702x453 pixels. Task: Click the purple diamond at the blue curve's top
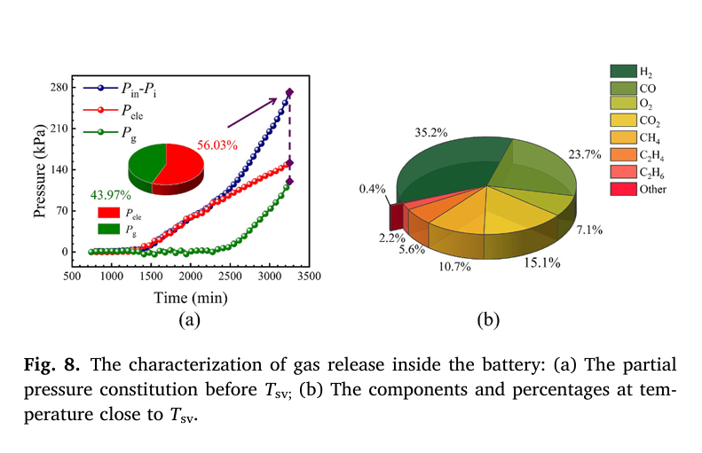(x=289, y=93)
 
